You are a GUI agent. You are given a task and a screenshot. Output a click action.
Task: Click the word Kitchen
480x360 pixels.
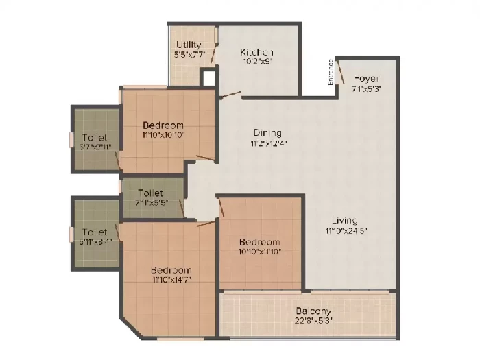[256, 52]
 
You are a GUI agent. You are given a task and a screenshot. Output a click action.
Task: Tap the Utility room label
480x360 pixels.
[189, 45]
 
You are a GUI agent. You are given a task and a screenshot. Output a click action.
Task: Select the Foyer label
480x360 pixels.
[366, 78]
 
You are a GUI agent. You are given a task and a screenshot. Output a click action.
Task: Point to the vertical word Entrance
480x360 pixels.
[331, 72]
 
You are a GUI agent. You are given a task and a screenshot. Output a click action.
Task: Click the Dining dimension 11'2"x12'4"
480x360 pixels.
[269, 143]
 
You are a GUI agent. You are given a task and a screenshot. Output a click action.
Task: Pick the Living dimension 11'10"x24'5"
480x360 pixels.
[346, 230]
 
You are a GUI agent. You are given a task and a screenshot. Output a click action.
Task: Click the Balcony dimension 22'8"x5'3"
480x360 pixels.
[314, 320]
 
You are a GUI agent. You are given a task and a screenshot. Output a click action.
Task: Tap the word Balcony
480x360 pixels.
[313, 311]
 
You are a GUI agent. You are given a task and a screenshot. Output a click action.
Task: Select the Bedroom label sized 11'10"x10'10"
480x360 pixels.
[163, 125]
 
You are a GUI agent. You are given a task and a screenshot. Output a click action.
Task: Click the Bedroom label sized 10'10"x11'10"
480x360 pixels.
[260, 242]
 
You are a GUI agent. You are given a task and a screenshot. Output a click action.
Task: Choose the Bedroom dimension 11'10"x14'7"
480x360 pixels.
[171, 280]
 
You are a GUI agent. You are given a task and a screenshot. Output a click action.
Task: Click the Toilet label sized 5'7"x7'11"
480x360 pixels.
[95, 138]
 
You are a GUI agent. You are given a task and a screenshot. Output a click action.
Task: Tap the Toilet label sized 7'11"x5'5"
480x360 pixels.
[150, 193]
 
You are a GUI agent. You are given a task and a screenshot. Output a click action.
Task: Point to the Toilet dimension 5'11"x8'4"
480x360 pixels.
[95, 241]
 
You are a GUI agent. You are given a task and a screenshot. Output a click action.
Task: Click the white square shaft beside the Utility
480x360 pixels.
[208, 78]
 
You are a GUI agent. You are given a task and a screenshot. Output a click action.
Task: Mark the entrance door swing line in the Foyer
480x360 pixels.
[340, 72]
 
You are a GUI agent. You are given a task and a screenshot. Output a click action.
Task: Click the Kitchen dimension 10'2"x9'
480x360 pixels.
[257, 62]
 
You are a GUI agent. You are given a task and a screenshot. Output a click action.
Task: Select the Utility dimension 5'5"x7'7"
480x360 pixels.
[189, 55]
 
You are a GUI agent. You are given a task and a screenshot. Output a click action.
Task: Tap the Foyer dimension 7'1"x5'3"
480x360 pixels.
[366, 89]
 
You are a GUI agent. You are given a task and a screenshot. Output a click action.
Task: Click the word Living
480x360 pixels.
[345, 220]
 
